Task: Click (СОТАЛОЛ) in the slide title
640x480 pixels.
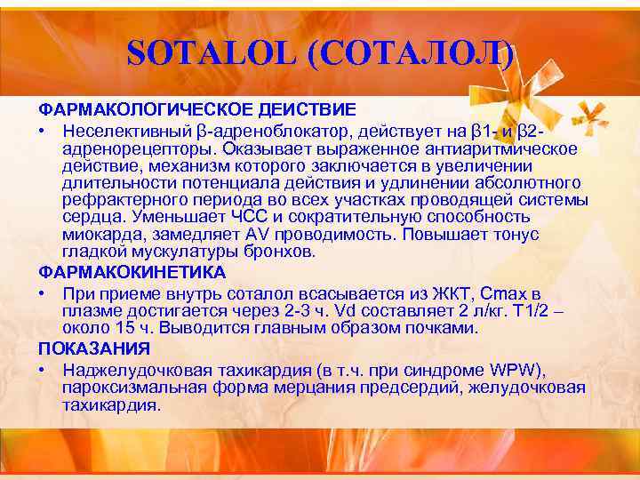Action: pos(412,56)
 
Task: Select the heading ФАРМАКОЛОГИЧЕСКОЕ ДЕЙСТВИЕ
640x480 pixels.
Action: pos(196,109)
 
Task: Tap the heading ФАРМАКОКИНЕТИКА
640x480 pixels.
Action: pos(132,272)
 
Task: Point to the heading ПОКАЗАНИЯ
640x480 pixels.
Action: pos(93,348)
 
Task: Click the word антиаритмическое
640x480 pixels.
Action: pos(500,148)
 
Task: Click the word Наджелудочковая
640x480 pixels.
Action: pos(135,369)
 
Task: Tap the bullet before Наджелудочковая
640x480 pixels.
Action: pos(42,369)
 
